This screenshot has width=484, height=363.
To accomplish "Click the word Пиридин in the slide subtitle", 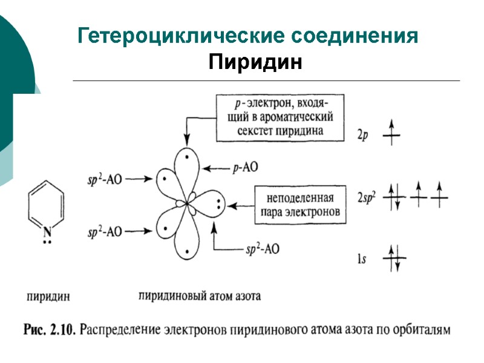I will pos(255,62).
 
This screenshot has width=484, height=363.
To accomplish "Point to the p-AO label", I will pos(246,169).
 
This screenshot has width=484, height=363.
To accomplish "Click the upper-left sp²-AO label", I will pos(105,179).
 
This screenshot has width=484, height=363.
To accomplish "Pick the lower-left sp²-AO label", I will pos(105,231).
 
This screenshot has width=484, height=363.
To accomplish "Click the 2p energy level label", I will pos(361,136).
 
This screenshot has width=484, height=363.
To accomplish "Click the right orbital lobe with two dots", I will pos(212,204).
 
